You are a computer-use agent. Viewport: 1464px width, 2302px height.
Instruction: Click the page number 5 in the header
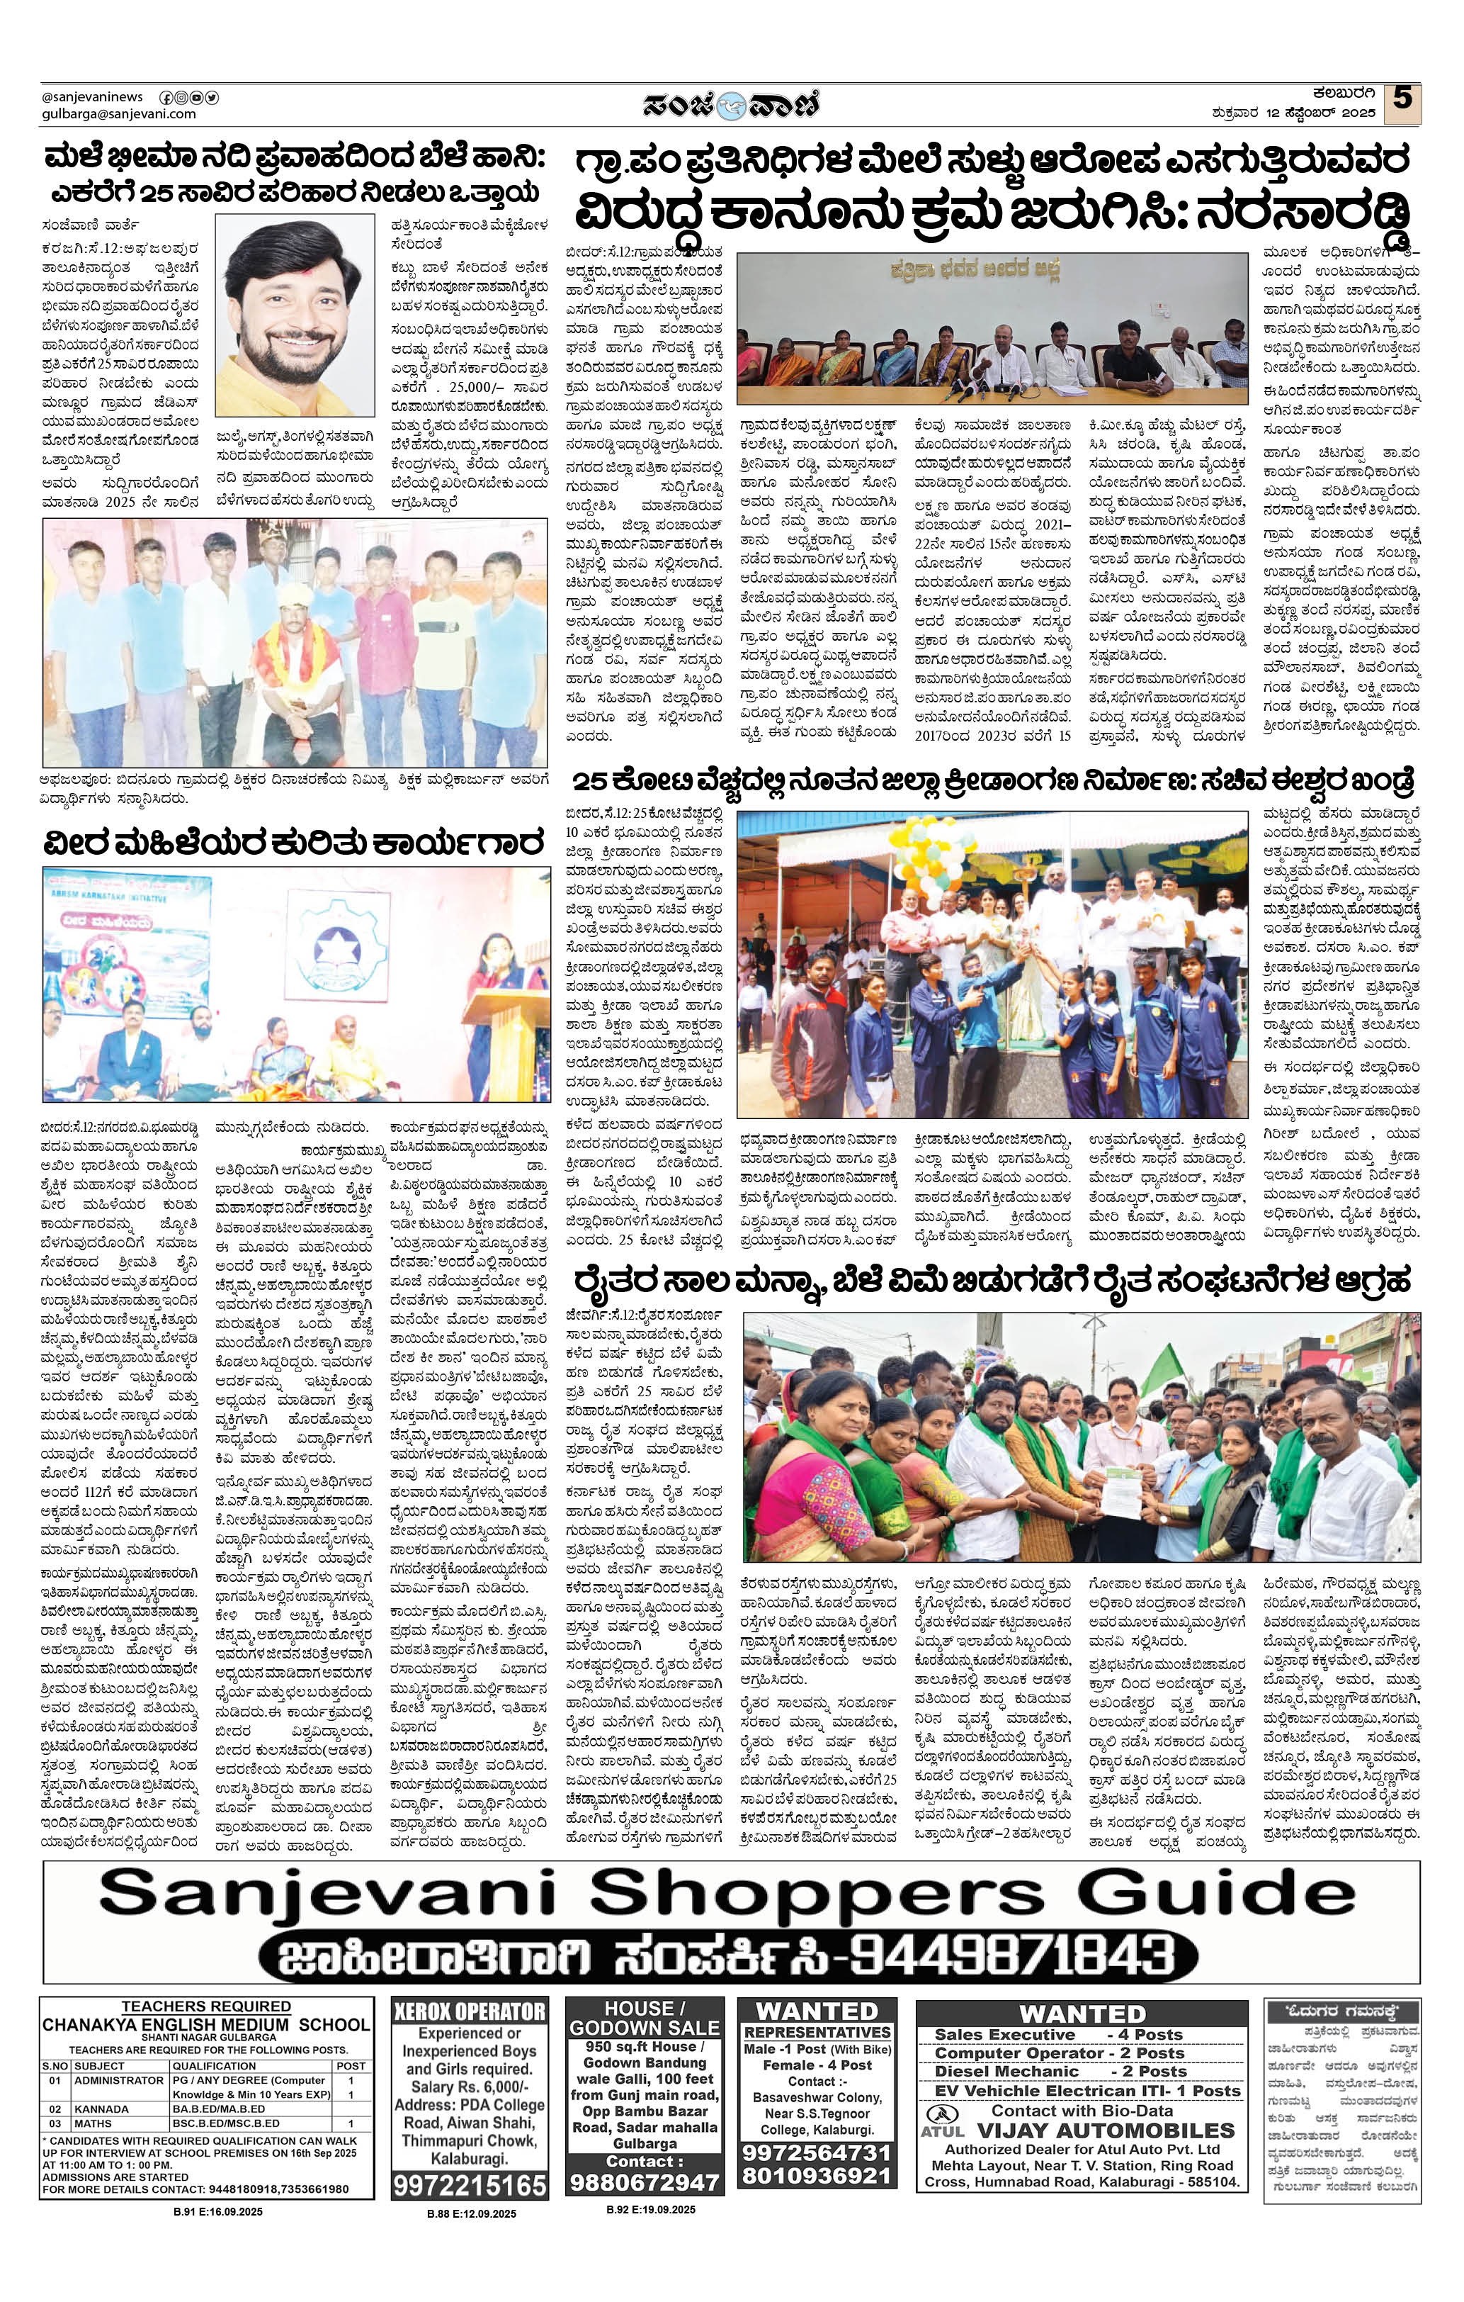click(x=1402, y=99)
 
